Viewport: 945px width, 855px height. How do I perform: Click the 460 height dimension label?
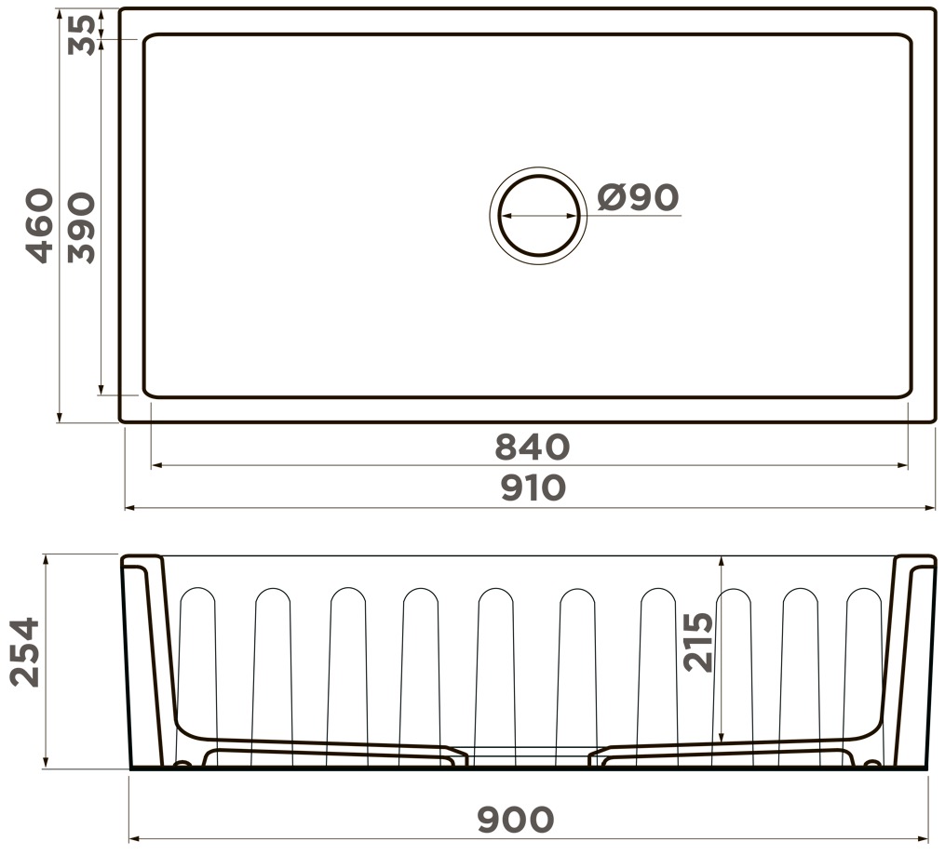click(41, 226)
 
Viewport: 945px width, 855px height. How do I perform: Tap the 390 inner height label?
click(81, 228)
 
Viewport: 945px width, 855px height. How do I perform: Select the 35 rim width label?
click(81, 35)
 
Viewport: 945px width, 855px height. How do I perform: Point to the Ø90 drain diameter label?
click(639, 197)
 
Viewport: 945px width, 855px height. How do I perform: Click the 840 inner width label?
click(533, 447)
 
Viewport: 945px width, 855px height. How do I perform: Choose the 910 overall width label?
click(533, 488)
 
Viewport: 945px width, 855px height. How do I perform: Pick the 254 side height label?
click(26, 651)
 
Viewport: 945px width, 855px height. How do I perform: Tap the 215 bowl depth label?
click(698, 642)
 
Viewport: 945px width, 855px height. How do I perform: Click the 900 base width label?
click(515, 819)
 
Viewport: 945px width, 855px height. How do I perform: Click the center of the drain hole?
click(538, 216)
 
